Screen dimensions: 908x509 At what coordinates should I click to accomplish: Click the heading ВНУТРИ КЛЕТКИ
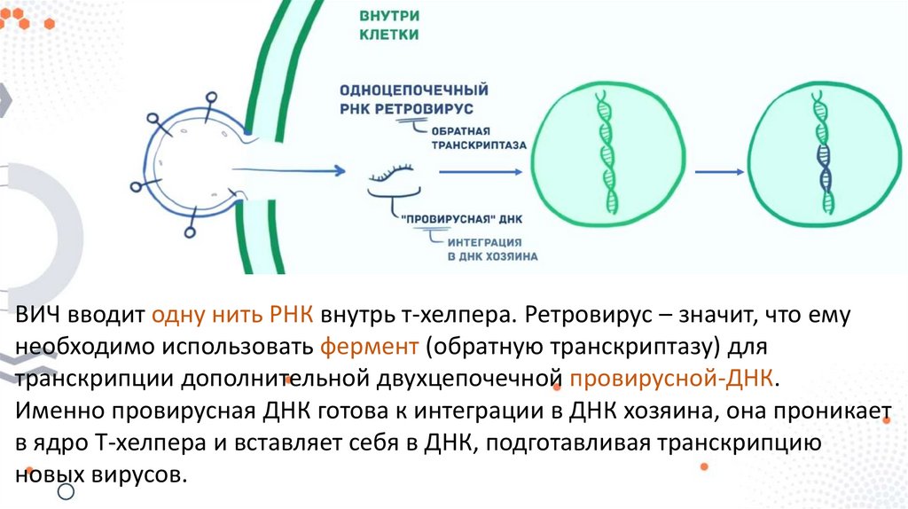click(389, 27)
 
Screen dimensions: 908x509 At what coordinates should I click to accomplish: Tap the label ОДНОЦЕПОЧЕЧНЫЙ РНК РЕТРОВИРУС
click(413, 99)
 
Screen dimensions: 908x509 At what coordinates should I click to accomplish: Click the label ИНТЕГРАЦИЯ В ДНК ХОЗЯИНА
click(490, 248)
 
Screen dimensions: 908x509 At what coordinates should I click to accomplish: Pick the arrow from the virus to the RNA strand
click(293, 168)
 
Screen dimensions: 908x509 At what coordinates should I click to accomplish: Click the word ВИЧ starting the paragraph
click(36, 317)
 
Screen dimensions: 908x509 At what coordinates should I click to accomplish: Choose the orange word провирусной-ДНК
click(673, 379)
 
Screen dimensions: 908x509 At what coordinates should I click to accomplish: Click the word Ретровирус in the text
click(587, 317)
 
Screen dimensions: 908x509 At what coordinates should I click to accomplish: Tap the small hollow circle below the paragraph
click(65, 491)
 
